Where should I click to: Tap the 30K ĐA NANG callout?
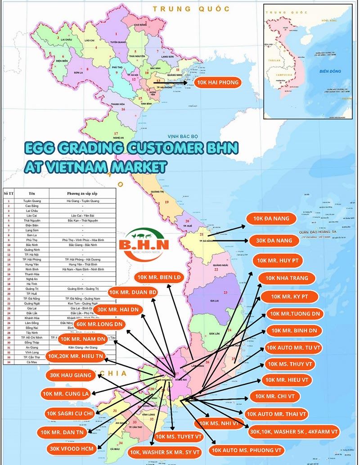tap(274, 240)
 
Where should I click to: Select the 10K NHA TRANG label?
tap(287, 278)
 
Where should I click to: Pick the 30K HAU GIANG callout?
tap(71, 375)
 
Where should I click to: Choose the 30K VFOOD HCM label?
tap(72, 448)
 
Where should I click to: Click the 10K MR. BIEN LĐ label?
tap(160, 277)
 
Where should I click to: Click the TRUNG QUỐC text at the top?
tap(191, 9)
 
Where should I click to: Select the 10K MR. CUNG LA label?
tap(66, 394)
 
